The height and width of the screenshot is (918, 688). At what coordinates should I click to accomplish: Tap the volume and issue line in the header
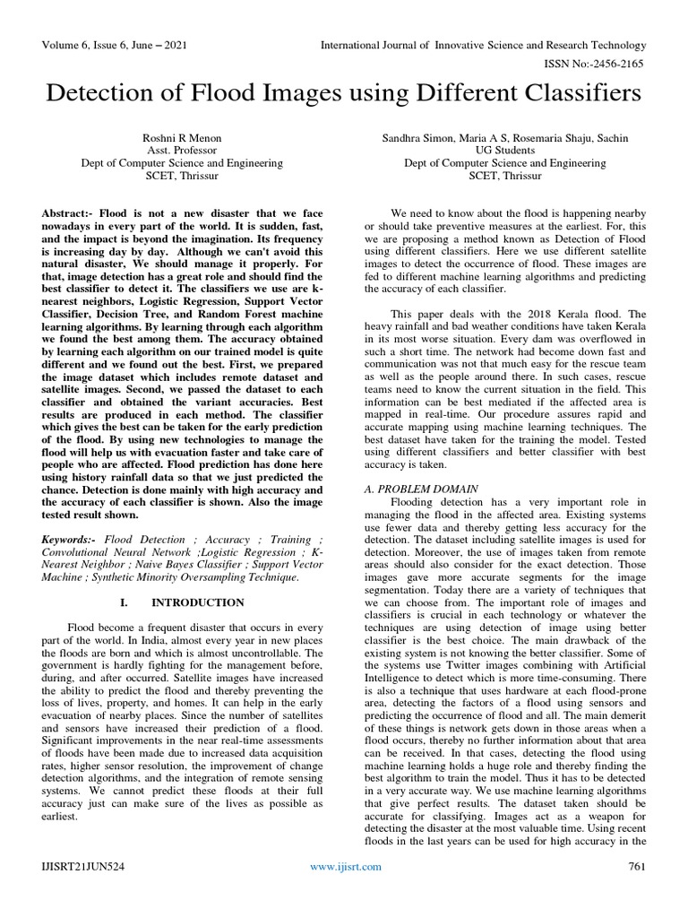coord(112,45)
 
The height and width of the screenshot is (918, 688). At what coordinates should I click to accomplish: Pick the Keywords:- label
coord(71,540)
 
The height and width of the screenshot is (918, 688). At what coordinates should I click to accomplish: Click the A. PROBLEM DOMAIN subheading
coord(421,489)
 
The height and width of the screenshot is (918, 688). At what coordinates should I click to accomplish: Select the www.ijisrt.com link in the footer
coord(345,891)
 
